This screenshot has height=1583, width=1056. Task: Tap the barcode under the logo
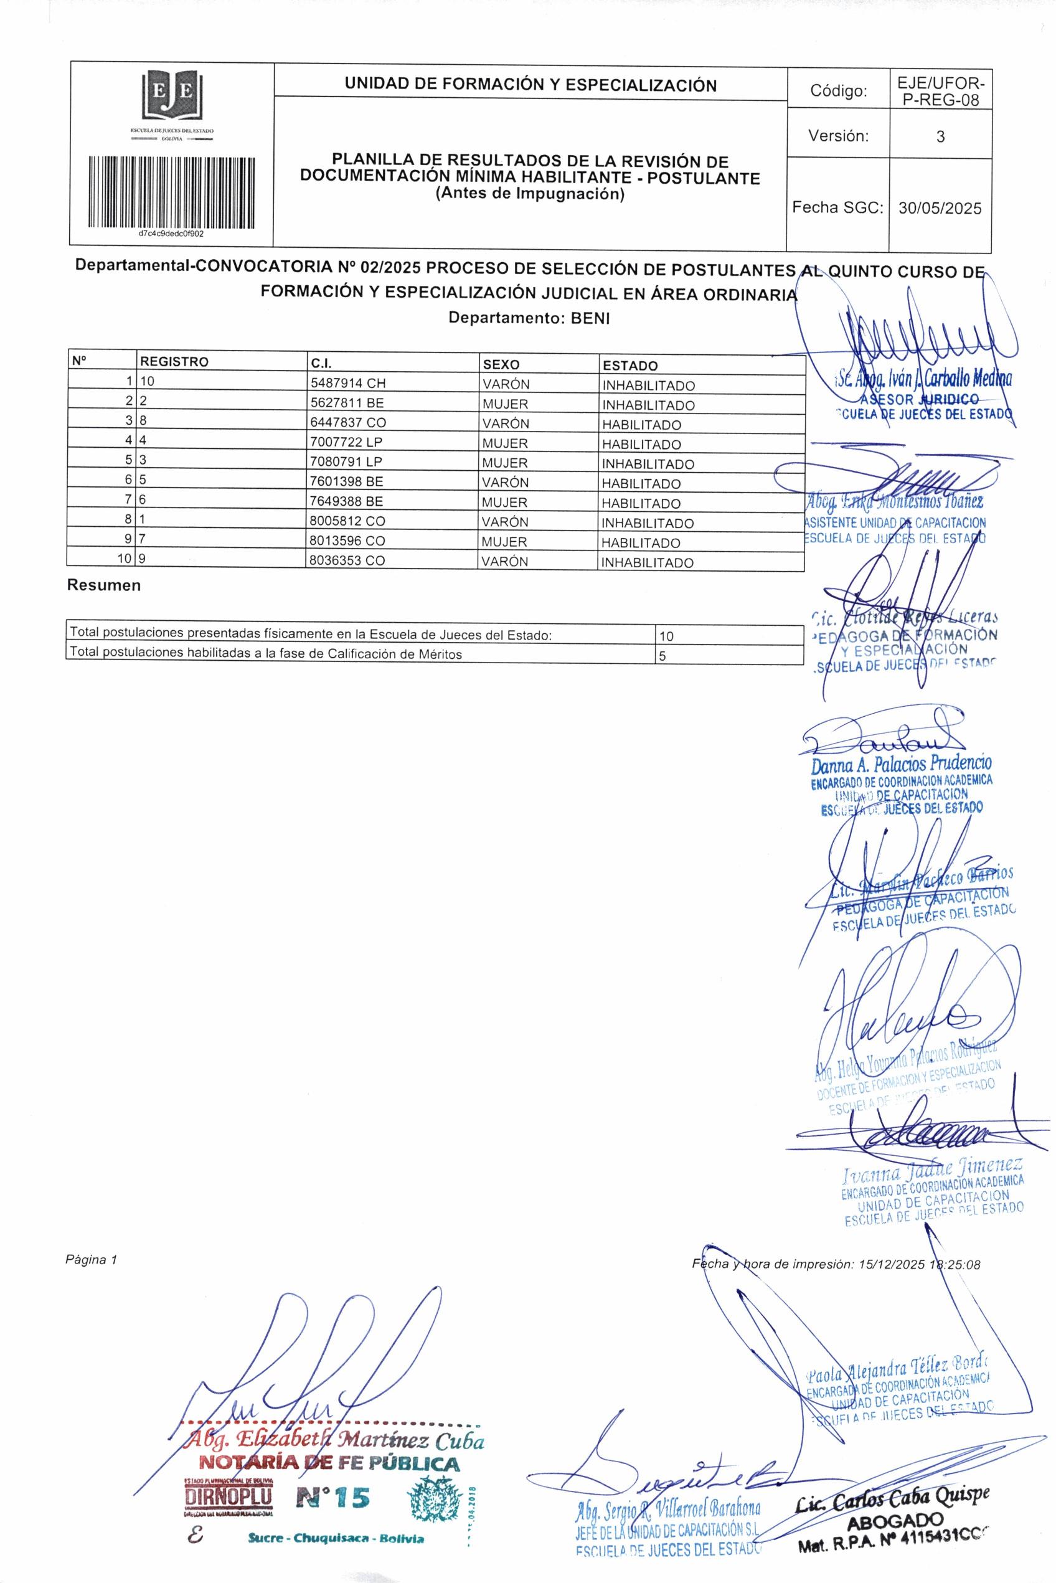172,193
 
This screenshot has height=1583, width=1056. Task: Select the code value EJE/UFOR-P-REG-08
940,92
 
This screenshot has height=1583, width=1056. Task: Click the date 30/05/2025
940,208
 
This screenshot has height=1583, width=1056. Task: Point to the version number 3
940,137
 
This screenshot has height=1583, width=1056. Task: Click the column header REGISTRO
174,362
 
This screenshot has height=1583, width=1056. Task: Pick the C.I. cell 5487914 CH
347,383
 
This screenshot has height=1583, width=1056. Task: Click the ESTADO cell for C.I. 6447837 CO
641,425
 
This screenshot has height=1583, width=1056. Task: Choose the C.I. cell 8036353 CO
347,560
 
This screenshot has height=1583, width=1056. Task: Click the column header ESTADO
629,366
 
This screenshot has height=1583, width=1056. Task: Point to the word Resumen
104,585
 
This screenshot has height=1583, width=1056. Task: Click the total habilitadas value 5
662,654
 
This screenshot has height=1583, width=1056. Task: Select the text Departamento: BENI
529,318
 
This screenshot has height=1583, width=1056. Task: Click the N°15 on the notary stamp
332,1498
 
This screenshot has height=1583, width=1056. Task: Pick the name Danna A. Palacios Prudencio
901,765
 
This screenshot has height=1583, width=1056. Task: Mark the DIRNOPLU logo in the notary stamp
229,1498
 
